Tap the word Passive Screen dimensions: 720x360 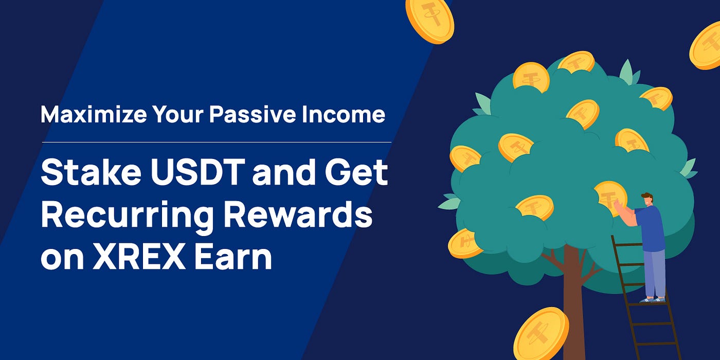pos(253,114)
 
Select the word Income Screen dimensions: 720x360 pos(344,114)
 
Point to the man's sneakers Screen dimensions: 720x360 pos(653,299)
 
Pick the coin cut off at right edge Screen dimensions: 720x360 pos(706,46)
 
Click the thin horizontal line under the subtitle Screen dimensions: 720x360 pos(217,142)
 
